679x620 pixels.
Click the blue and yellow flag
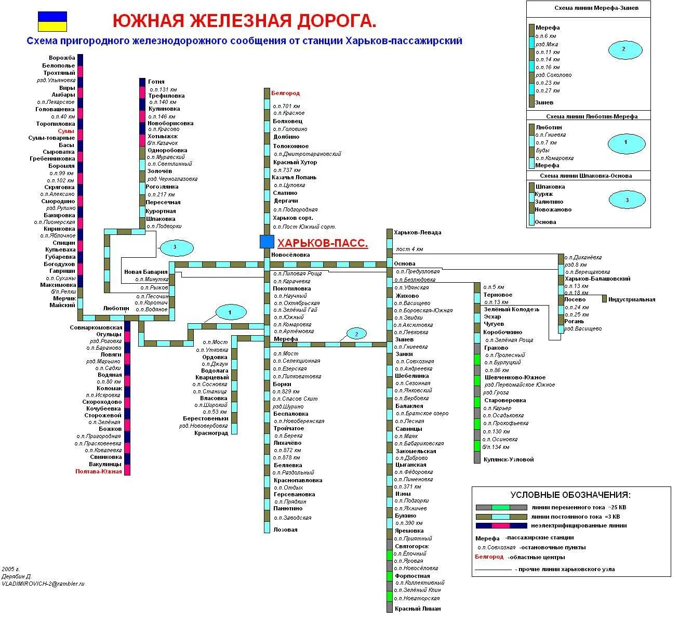(52, 21)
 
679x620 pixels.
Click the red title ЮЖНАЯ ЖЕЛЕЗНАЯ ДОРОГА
(244, 21)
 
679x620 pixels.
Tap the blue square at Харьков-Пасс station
(267, 242)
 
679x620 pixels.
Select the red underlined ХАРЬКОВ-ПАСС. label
(323, 243)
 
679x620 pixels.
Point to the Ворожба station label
(62, 58)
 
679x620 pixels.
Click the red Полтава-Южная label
(99, 471)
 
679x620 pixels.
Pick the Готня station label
(156, 82)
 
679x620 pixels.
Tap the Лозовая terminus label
(286, 530)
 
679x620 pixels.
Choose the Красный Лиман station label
(417, 609)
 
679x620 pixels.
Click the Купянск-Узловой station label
(508, 459)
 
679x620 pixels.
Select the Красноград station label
(211, 433)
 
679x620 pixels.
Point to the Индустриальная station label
(631, 299)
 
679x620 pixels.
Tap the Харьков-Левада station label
(417, 232)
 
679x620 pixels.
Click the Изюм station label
(403, 494)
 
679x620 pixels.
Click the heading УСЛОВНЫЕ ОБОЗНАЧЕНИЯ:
(570, 495)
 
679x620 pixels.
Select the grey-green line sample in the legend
(501, 507)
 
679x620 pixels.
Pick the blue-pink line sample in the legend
(501, 525)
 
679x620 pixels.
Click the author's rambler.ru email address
(43, 584)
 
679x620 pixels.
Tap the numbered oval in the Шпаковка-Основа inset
(627, 199)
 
